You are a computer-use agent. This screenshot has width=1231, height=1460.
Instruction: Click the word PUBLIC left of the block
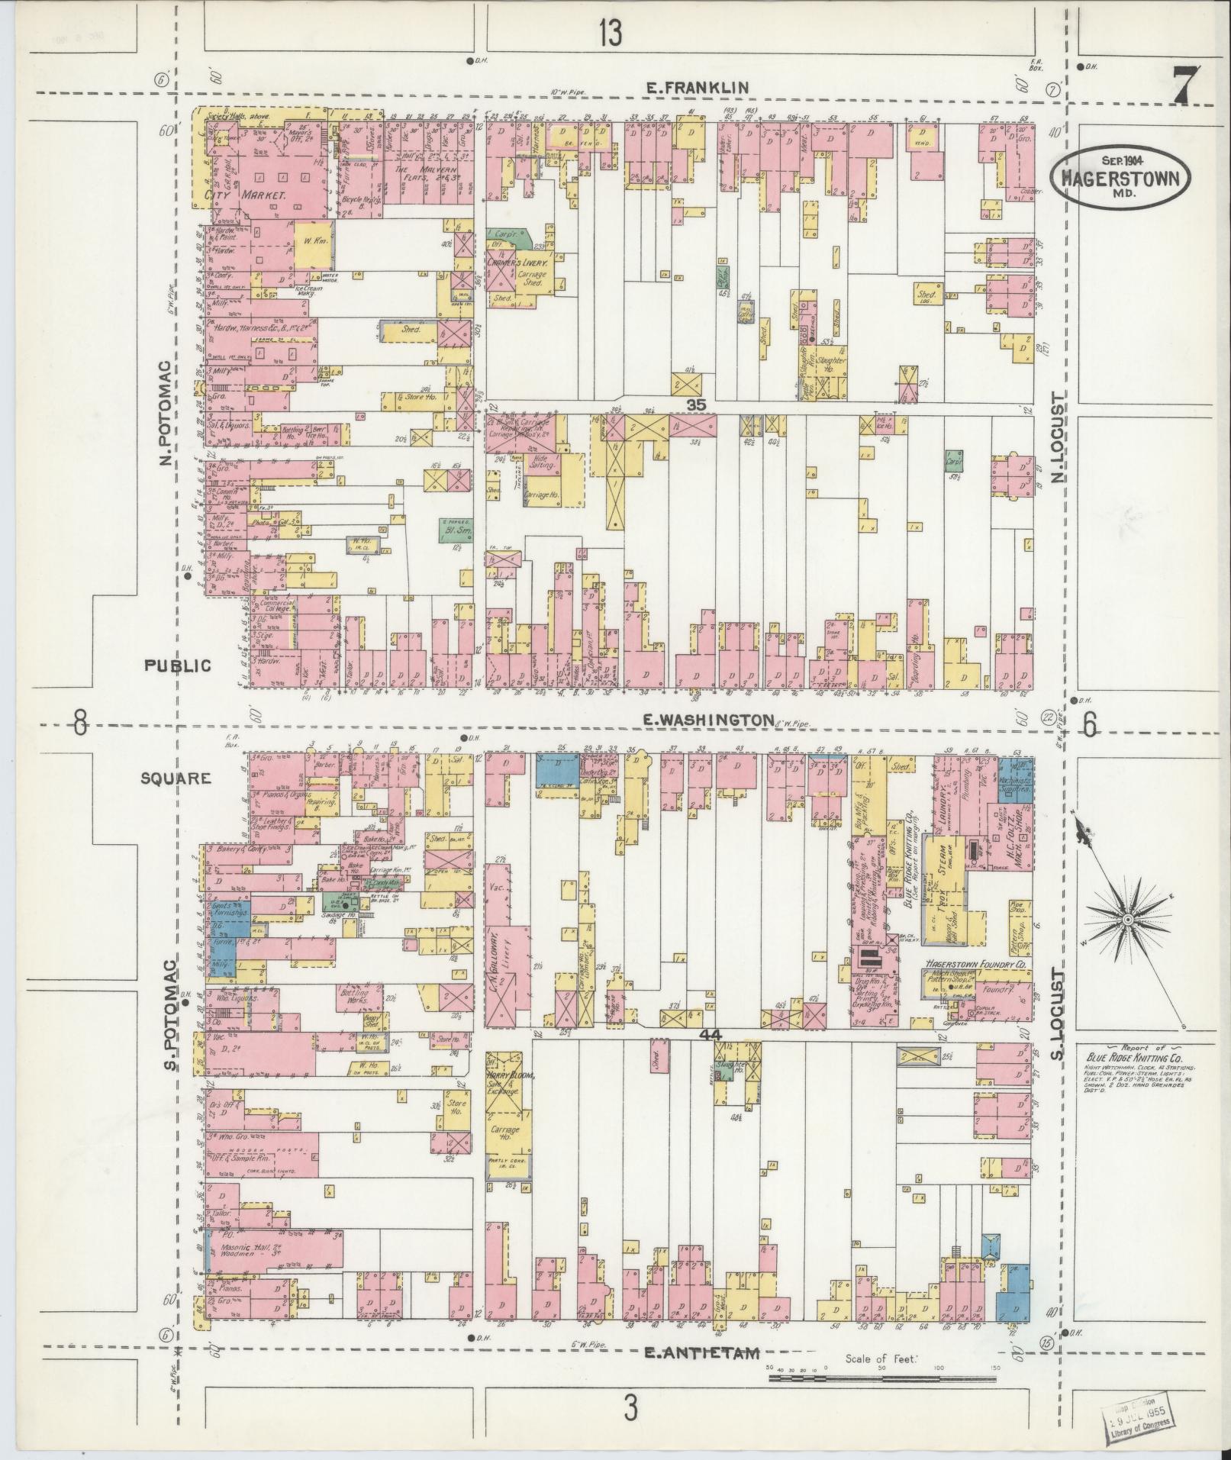(x=178, y=666)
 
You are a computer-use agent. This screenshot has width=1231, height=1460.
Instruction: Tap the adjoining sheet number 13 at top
(x=610, y=33)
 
